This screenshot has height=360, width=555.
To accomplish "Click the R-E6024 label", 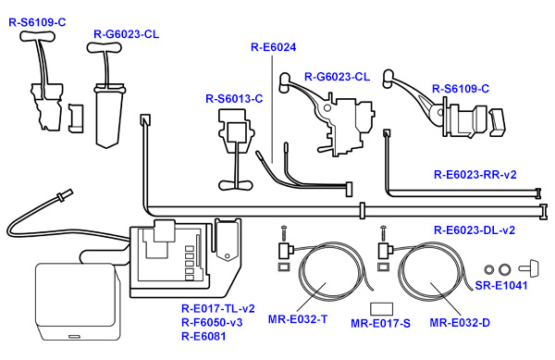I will (x=274, y=45).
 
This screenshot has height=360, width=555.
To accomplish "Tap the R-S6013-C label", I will (x=234, y=98).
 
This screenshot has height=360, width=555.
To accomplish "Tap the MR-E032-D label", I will (x=461, y=323).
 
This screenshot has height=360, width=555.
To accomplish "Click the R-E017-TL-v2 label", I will (x=218, y=308).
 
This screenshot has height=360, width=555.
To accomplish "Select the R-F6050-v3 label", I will (x=212, y=322).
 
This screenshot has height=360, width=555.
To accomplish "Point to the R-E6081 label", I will (x=203, y=336).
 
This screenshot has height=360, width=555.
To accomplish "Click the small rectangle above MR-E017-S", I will (x=381, y=307).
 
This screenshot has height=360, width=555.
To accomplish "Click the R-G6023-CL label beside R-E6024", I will (x=337, y=77).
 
